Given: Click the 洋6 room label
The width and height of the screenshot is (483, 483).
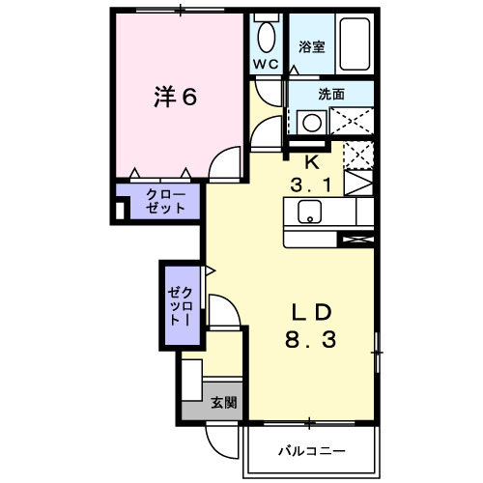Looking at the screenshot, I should (x=176, y=97).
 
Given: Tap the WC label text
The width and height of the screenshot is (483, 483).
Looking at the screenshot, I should (x=266, y=64).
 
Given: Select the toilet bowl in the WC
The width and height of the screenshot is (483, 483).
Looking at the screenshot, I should (x=266, y=37).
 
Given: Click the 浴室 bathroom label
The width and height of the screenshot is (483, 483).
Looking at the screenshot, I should (x=310, y=45).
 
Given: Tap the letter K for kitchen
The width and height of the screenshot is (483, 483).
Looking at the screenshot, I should (x=312, y=160).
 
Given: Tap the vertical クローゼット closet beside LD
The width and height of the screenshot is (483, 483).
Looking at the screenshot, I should (x=181, y=305).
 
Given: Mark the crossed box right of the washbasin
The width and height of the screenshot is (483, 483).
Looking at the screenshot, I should (x=352, y=122).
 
